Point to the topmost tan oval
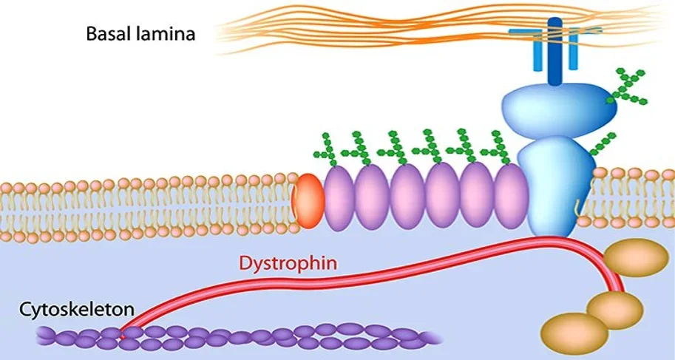click(x=636, y=257)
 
